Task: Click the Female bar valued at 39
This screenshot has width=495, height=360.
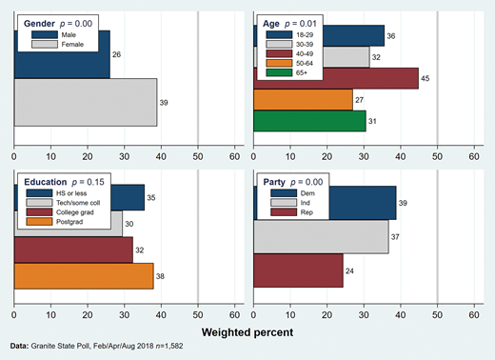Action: pos(86,101)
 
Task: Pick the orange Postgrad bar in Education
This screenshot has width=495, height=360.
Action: pos(84,275)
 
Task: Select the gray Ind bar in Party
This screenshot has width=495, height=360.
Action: pos(320,235)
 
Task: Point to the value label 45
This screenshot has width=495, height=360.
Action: pos(427,79)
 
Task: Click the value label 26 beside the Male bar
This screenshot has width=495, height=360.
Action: pos(117,55)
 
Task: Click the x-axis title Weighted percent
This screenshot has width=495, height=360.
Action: pos(247,332)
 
